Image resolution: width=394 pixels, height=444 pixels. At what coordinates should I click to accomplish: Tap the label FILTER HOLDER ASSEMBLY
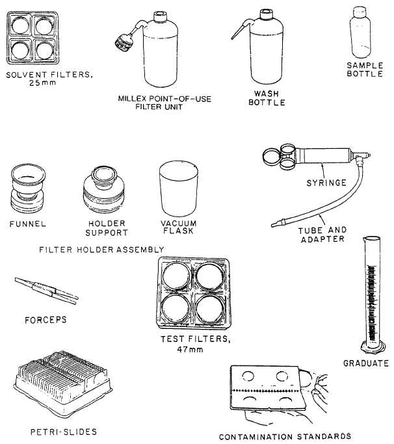coord(101,249)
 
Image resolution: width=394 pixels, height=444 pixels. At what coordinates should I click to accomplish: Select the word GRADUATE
coord(365,363)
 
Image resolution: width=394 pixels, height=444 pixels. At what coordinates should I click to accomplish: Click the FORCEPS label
coord(46,320)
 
